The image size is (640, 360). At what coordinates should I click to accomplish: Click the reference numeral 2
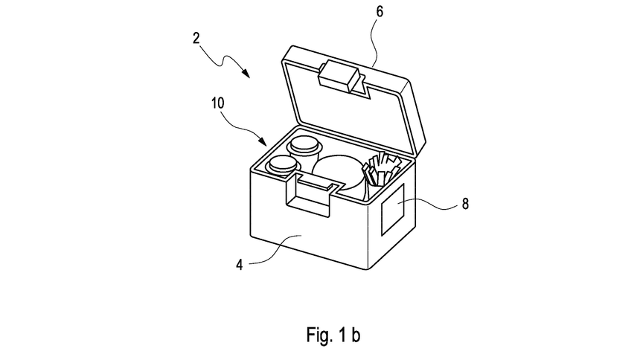coord(196,39)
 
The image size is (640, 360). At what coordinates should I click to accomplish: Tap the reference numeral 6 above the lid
coord(380,12)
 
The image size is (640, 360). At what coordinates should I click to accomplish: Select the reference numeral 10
coord(218,103)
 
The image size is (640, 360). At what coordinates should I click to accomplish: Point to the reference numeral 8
coord(465,204)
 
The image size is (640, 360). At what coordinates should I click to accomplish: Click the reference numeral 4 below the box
coord(240,265)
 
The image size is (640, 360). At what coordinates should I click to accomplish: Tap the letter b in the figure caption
coord(356,335)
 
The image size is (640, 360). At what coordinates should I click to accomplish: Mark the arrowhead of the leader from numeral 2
coord(246,73)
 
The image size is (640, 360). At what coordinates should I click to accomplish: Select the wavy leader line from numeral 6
coord(372,41)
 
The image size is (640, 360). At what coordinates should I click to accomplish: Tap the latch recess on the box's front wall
coord(309,195)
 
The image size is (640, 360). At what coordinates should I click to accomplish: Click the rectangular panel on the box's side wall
coord(393,210)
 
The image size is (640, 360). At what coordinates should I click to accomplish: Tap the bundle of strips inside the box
coord(380,169)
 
